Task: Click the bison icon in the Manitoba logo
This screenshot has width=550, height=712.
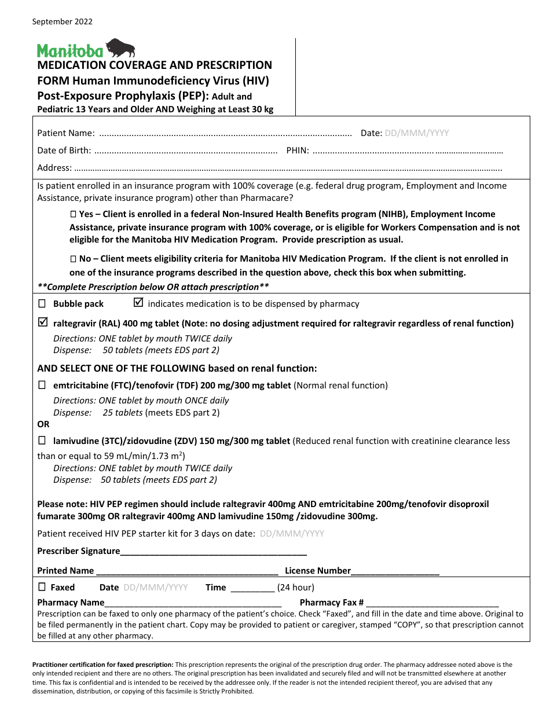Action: [x=120, y=48]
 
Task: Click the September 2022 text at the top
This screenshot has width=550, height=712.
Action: [x=62, y=22]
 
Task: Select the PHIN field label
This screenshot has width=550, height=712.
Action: [x=298, y=151]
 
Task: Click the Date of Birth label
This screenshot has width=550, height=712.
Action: [x=64, y=151]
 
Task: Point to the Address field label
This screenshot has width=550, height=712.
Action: [x=54, y=168]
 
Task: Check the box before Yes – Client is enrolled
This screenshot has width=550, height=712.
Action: [x=73, y=214]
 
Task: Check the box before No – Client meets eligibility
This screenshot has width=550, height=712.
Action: [x=73, y=259]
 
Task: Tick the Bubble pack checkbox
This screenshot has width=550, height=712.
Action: [x=42, y=304]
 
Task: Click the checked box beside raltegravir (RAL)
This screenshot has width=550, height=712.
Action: [x=42, y=323]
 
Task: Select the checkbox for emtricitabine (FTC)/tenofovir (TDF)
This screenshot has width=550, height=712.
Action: [x=42, y=385]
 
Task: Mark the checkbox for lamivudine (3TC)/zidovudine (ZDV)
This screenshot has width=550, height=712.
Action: [x=42, y=441]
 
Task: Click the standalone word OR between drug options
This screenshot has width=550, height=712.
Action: [x=43, y=424]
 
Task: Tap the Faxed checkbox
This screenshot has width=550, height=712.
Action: [x=42, y=587]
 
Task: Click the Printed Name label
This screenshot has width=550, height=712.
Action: [x=65, y=571]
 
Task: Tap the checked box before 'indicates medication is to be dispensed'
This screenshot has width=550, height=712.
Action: [x=138, y=303]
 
